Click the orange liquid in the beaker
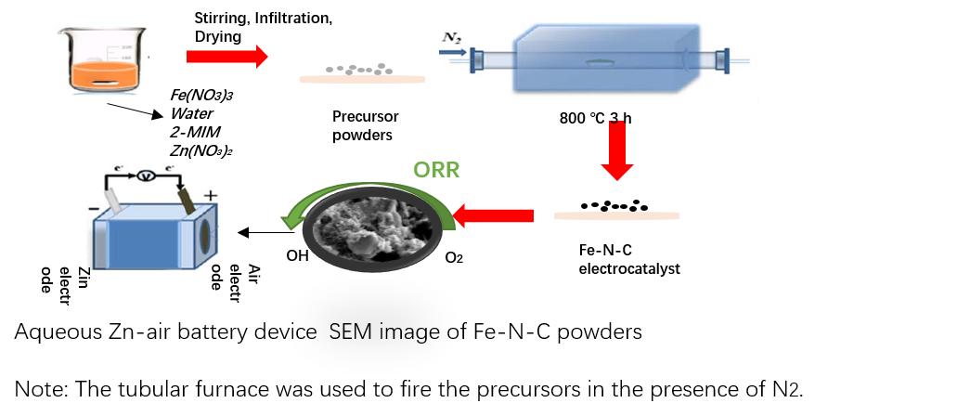tap(105, 76)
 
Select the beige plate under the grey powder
tap(362, 80)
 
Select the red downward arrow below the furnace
tap(616, 150)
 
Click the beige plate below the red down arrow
tap(616, 215)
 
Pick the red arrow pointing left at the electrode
tap(493, 216)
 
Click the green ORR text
tap(436, 170)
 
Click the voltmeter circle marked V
tap(144, 175)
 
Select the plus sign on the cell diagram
tap(210, 195)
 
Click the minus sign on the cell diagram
tap(94, 209)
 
